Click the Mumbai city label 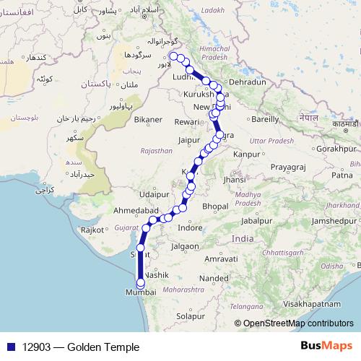click(x=140, y=292)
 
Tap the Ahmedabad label click(x=136, y=210)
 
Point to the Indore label click(x=190, y=227)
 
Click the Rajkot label click(x=93, y=230)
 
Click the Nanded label click(x=214, y=277)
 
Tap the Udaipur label click(x=154, y=194)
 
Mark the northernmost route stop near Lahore click(x=173, y=56)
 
